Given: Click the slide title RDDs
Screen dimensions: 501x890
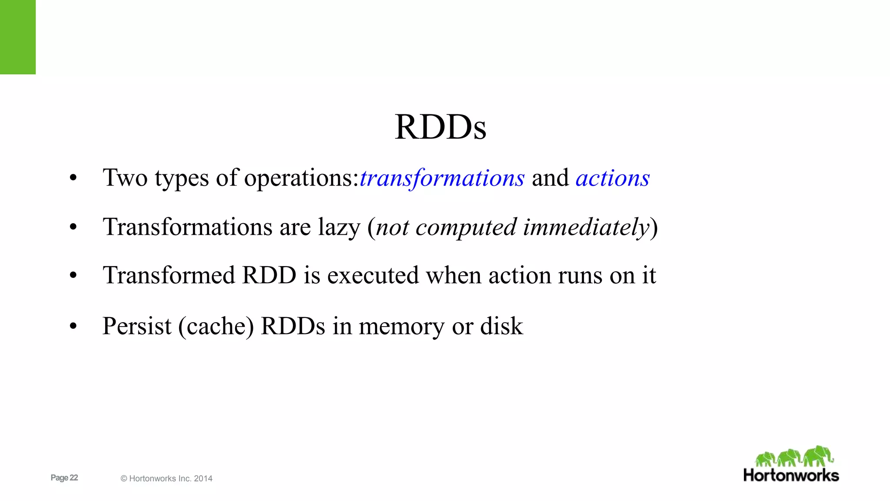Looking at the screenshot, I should [x=440, y=127].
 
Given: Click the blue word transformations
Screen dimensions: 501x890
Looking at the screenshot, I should [x=442, y=178].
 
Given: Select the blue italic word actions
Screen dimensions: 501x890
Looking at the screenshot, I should [x=612, y=178].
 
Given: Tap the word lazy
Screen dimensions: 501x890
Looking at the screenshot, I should [x=339, y=227].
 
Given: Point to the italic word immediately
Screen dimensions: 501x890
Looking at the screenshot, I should [x=586, y=227].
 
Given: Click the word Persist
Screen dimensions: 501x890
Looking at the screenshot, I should [x=137, y=326].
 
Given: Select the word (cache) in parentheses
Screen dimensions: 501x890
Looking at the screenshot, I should [x=216, y=327].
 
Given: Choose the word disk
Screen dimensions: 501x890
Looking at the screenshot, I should [x=501, y=326].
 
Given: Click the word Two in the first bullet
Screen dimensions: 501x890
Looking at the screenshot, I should [x=125, y=178].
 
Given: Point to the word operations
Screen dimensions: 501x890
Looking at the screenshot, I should [x=301, y=179].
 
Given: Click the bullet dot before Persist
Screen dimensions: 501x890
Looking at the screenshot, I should [x=73, y=327].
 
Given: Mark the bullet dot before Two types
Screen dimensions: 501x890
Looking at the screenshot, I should [x=73, y=178].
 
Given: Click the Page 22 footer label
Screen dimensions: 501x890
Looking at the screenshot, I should [x=64, y=478].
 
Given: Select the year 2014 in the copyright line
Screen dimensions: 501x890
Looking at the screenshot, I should [x=203, y=478].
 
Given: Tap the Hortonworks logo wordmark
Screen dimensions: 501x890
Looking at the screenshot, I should [x=791, y=475].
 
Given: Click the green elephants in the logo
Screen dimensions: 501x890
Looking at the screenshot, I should [x=794, y=456].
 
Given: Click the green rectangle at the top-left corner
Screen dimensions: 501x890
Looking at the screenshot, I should [x=18, y=37].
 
